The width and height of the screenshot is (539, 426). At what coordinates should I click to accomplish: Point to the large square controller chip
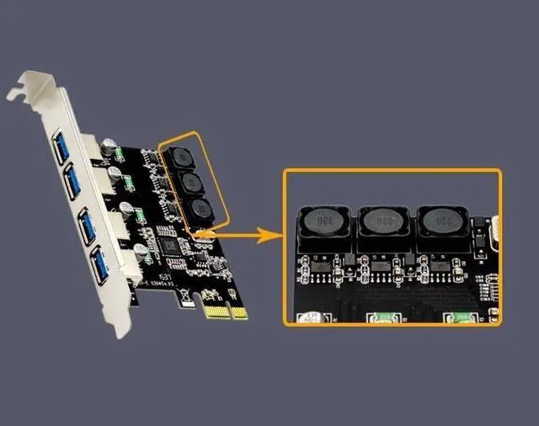[x=173, y=246]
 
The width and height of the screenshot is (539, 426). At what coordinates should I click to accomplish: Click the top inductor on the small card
[x=179, y=157]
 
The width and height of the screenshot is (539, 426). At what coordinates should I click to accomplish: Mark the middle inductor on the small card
[x=189, y=183]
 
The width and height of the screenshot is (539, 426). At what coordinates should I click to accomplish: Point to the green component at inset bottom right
[x=461, y=318]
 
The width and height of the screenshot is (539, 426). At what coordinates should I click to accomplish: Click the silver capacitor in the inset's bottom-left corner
[x=309, y=318]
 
